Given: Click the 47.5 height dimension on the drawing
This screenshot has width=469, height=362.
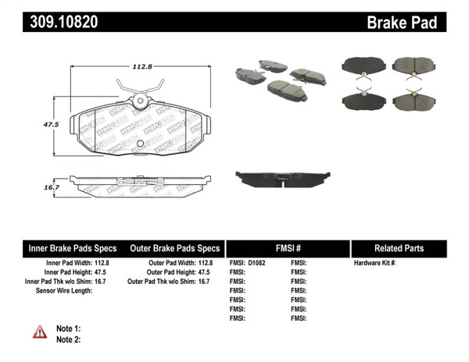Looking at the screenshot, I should [52, 124].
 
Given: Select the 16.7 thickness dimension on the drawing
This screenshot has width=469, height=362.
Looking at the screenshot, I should [52, 187].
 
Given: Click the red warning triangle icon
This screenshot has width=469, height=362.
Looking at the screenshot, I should [40, 332].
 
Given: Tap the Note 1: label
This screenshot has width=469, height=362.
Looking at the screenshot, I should [68, 328].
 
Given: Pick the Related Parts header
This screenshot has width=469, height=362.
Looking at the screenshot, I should [399, 248].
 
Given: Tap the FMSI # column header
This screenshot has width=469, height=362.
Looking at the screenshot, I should [288, 248].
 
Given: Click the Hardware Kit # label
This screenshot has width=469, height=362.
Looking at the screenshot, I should [374, 263].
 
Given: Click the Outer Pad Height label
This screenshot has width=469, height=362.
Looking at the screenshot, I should [162, 272].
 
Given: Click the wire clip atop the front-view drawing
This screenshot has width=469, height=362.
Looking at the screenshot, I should [140, 87].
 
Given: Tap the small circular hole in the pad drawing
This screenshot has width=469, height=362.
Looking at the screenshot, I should [140, 144].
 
